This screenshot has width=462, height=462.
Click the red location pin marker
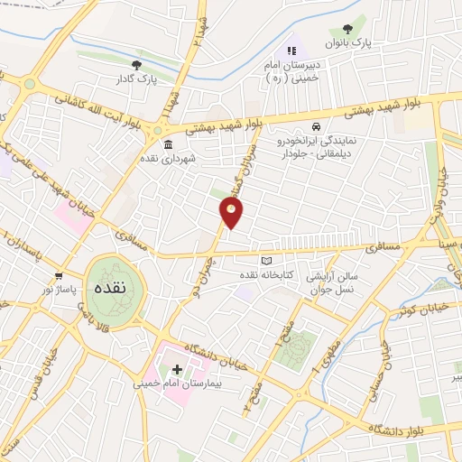[x=232, y=213]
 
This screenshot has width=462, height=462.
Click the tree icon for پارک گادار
[x=136, y=65]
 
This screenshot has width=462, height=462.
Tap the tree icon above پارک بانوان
[x=346, y=30]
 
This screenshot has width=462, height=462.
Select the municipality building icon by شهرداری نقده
[x=168, y=144]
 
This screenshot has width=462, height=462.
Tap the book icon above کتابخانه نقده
[x=265, y=260]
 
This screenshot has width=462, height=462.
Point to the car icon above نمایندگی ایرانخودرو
[x=315, y=126]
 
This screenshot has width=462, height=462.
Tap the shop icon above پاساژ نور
[x=59, y=275]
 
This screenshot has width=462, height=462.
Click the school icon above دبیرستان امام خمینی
[x=291, y=51]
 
